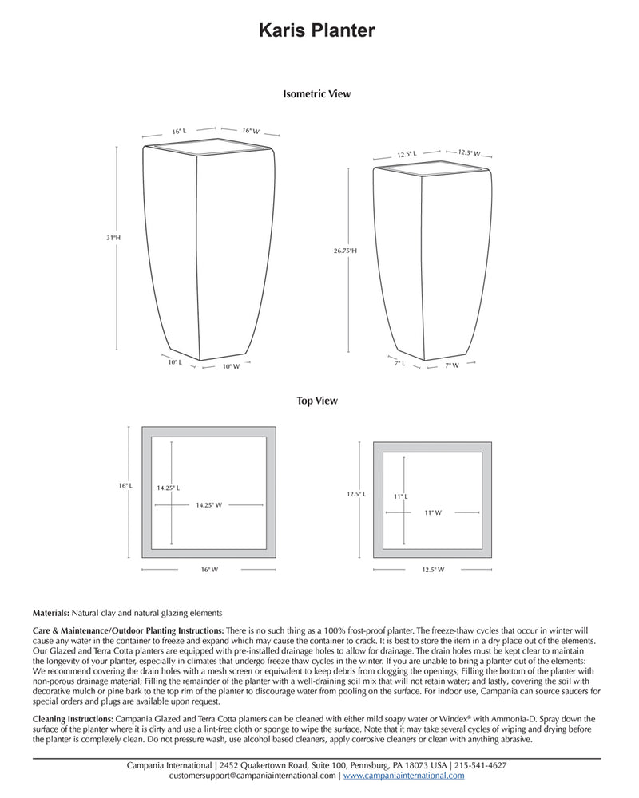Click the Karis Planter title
(316, 30)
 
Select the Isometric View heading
(316, 93)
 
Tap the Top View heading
(317, 401)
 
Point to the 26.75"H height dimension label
(345, 251)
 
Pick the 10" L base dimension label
(174, 362)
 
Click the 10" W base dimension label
(231, 366)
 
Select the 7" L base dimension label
(399, 362)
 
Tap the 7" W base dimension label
(452, 365)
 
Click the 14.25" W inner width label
(208, 505)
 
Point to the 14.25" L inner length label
(168, 488)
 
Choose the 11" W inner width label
(433, 513)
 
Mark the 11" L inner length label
(401, 496)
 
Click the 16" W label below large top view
(209, 570)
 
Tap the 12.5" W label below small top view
(432, 570)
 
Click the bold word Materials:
(51, 613)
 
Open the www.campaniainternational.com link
(403, 775)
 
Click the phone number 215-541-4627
(475, 764)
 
